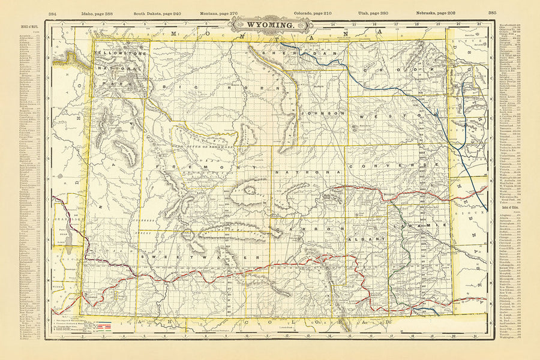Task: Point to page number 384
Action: pyautogui.click(x=52, y=12)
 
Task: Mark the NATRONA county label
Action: pyautogui.click(x=307, y=173)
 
